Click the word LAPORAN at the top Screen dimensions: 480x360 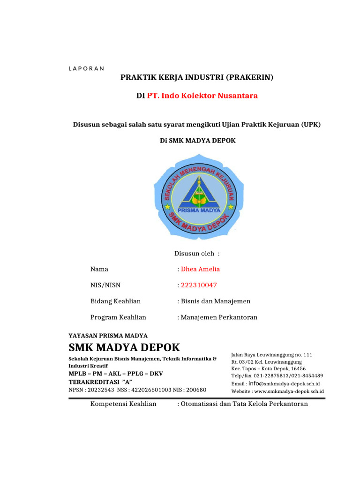coord(86,68)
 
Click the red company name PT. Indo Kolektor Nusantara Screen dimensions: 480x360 coord(202,96)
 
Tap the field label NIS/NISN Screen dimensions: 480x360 coord(105,285)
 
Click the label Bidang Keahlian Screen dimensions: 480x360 coord(115,301)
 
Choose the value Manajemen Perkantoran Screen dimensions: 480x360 coord(219,317)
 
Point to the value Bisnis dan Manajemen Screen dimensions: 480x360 coord(216,301)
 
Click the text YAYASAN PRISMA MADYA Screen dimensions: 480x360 coord(108,336)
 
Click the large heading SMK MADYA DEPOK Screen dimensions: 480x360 coord(124,348)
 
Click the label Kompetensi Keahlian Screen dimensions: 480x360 coord(123,404)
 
